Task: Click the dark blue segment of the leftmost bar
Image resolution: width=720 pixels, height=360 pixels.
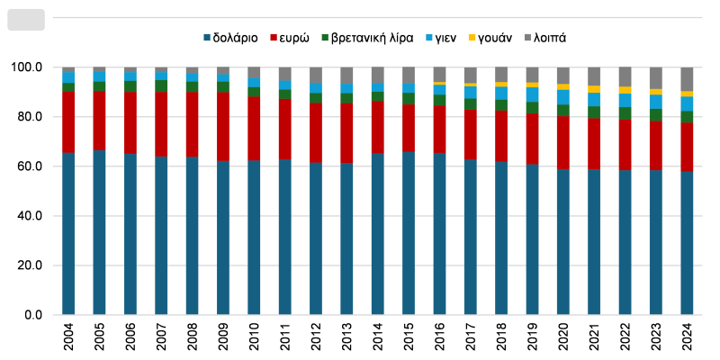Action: point(68,233)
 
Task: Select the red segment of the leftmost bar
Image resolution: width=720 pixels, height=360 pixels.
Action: point(68,121)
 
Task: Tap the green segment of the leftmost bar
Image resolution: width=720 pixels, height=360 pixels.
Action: point(68,87)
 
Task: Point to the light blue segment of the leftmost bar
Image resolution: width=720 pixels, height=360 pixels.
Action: point(68,77)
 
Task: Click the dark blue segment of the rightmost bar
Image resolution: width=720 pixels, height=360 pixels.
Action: point(687,243)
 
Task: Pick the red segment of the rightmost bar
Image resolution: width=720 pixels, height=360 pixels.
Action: point(687,147)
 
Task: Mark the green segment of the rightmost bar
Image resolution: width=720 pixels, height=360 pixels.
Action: point(687,117)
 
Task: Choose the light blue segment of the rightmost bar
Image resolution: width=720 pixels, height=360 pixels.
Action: point(687,104)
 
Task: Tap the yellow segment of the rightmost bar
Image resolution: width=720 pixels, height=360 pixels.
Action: point(687,94)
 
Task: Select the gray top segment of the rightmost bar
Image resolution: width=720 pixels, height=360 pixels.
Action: point(687,79)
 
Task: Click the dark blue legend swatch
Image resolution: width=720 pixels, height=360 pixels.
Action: point(207,38)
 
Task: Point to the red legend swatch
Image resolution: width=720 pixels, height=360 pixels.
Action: point(274,38)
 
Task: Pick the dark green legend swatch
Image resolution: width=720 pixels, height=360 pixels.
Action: point(325,38)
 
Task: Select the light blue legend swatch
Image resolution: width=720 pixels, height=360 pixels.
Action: point(429,38)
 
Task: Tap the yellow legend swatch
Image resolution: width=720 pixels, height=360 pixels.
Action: point(472,38)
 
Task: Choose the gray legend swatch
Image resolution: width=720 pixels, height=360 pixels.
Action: point(527,38)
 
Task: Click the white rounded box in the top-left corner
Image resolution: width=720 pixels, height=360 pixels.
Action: point(26,20)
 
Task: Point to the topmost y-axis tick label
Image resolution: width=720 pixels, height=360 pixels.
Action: point(30,67)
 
